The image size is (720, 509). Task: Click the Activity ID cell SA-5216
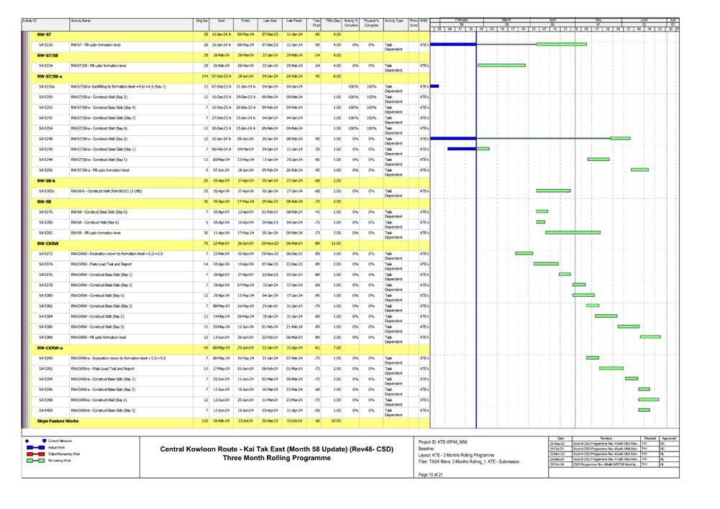click(45, 45)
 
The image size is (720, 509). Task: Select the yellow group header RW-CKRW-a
click(50, 347)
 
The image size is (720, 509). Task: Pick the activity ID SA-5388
click(45, 336)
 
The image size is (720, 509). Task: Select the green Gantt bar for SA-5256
click(639, 170)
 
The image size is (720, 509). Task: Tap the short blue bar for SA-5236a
click(434, 86)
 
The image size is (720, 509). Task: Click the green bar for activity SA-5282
click(573, 232)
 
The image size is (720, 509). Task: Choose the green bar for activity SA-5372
click(524, 253)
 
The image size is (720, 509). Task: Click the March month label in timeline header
click(506, 19)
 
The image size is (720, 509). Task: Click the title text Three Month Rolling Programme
click(276, 458)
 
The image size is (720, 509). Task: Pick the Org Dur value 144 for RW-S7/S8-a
click(204, 75)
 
